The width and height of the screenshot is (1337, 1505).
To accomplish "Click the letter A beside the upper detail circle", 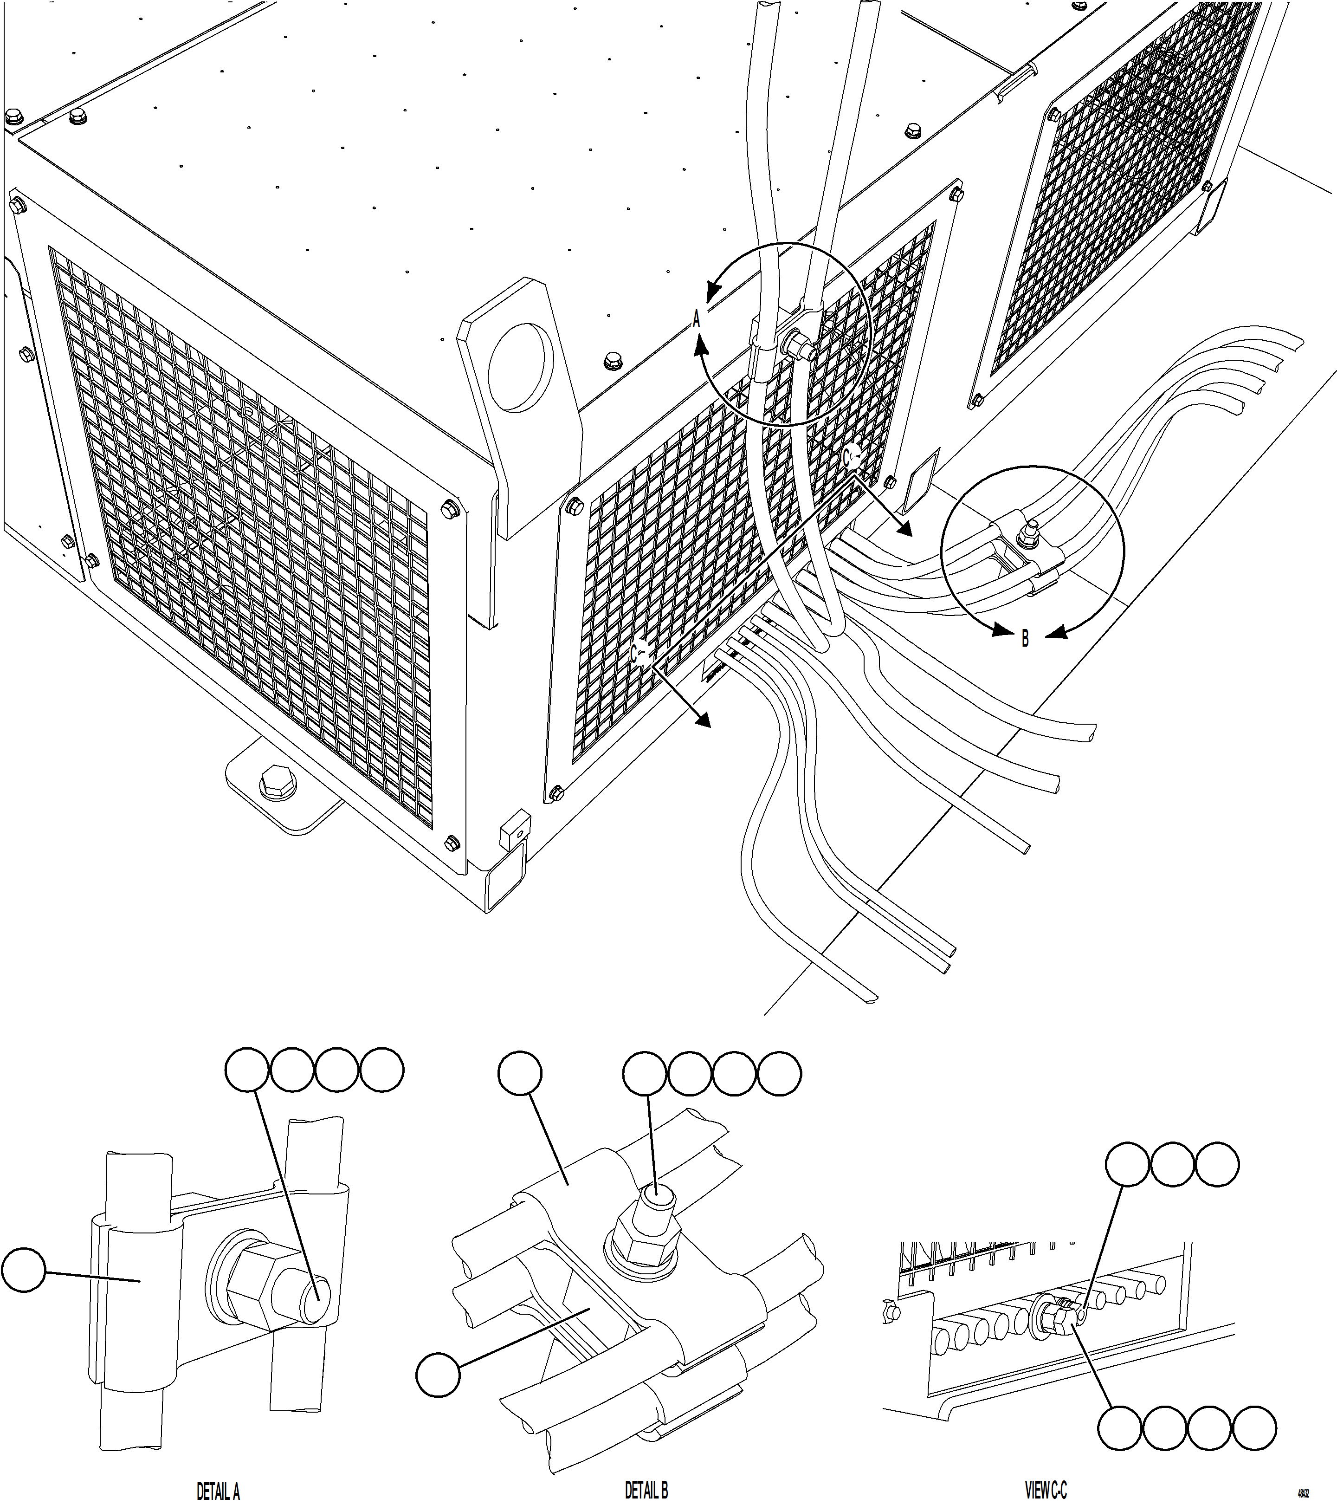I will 697,319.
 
